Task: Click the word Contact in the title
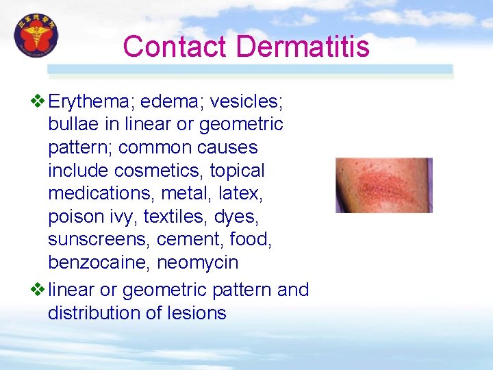tap(175, 47)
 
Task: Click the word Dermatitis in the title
tap(303, 47)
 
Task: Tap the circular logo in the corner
tap(37, 36)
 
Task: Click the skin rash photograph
tap(383, 185)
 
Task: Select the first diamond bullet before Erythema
tap(38, 101)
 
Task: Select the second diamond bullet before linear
tap(38, 289)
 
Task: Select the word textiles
tap(175, 217)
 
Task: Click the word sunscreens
tap(99, 240)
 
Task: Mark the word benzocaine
tap(99, 263)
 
